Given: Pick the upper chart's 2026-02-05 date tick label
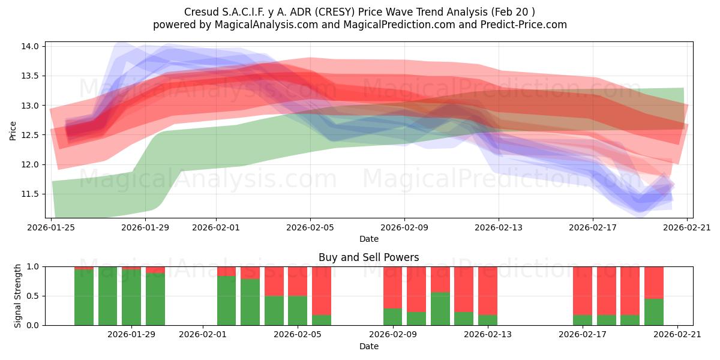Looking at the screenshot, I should tap(310, 227).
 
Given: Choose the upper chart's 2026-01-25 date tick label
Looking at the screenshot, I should tap(52, 227).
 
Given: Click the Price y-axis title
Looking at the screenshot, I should tap(13, 130).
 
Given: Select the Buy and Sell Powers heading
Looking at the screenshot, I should tap(368, 257).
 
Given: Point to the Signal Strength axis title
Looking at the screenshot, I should tap(18, 295).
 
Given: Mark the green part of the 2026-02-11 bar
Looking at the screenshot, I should tap(440, 308).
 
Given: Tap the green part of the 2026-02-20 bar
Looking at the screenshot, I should tap(654, 312).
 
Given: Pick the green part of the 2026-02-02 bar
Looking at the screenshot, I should tap(226, 301).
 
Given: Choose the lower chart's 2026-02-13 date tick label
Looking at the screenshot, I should tap(487, 335).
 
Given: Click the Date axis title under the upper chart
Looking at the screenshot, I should tap(368, 239).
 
